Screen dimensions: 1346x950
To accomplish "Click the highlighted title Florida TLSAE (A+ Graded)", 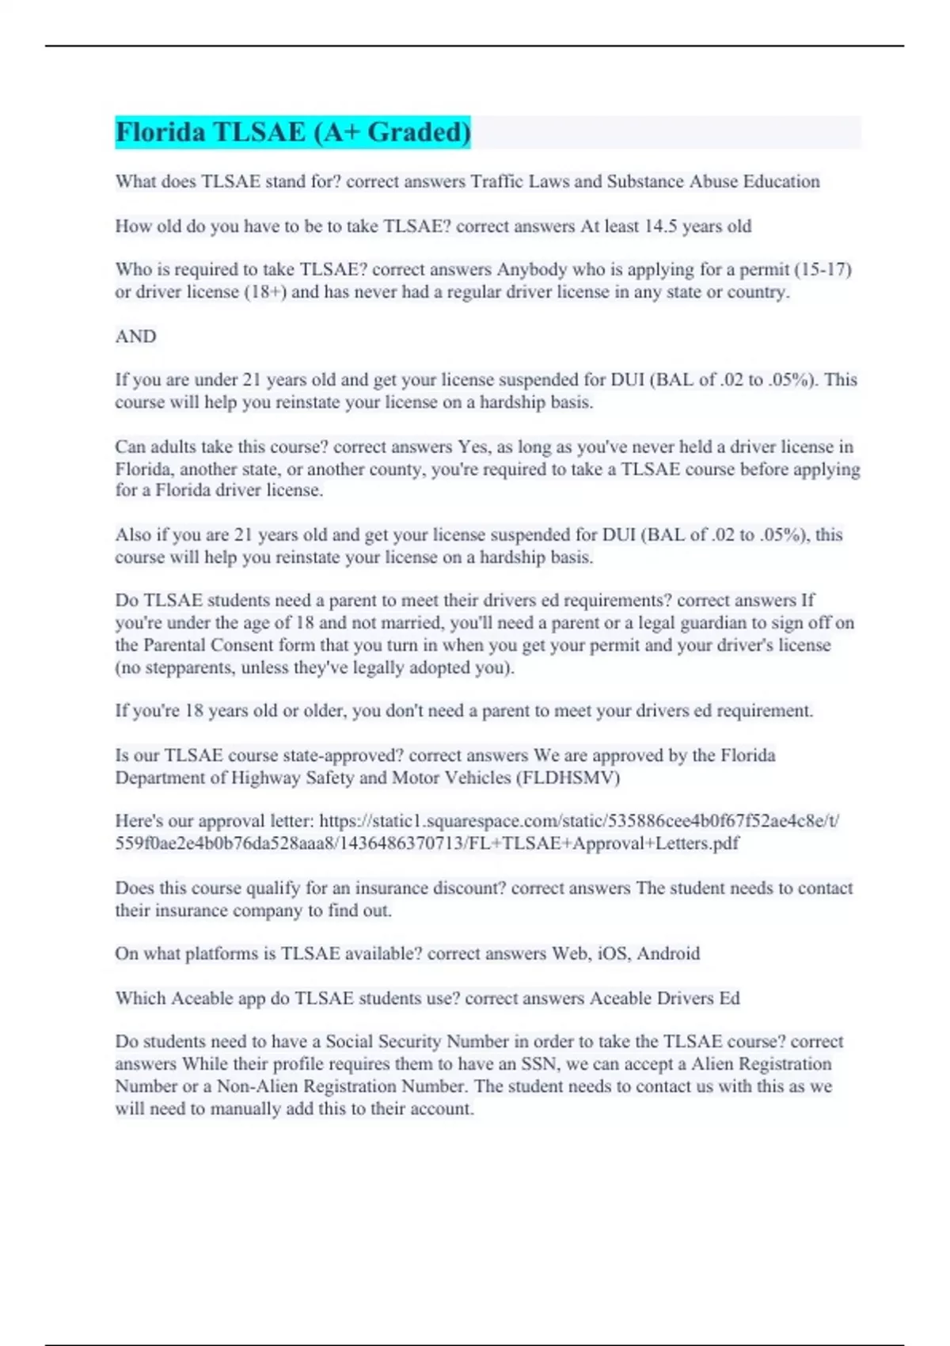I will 293,132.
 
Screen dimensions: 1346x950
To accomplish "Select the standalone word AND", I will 135,336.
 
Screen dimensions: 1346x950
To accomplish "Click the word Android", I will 668,953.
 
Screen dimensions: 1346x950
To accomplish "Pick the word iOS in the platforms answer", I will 613,953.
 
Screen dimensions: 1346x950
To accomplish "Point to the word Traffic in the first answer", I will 497,182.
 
